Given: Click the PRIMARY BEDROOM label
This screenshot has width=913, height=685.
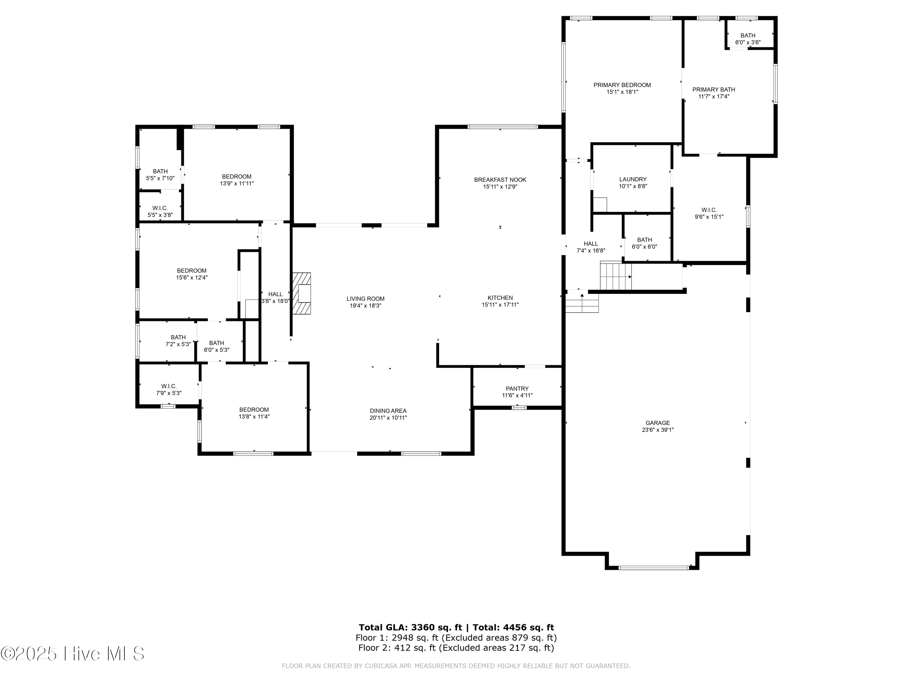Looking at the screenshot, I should (x=622, y=85).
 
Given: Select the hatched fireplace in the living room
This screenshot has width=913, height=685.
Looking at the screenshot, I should (x=302, y=293).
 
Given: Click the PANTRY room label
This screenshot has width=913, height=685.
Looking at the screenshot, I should (x=517, y=388).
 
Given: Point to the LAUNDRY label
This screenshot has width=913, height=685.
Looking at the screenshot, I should (x=633, y=179).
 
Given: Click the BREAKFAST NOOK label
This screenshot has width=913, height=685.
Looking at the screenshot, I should (x=500, y=180).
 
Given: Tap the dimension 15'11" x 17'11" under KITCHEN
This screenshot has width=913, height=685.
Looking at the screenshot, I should (x=500, y=305).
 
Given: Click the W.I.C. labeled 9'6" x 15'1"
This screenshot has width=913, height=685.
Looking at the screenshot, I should (x=709, y=213).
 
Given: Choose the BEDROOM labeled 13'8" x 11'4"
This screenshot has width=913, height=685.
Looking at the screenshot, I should (x=254, y=413).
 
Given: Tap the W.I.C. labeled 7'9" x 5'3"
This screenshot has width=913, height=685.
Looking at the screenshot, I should (x=169, y=389).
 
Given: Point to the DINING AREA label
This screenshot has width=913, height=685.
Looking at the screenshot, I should (x=388, y=411).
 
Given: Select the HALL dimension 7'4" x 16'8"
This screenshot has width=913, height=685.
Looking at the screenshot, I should (x=591, y=251).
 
